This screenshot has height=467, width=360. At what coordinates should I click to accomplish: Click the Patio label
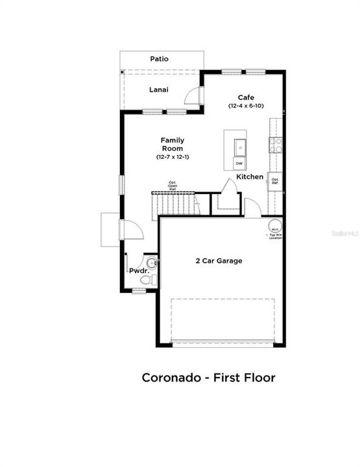pyautogui.click(x=160, y=59)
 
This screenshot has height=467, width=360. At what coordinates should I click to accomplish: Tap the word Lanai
pyautogui.click(x=159, y=90)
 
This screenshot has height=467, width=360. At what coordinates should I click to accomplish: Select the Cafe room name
pyautogui.click(x=245, y=97)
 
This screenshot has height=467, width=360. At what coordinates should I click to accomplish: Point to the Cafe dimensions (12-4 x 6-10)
pyautogui.click(x=245, y=106)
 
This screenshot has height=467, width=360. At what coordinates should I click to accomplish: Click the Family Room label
pyautogui.click(x=173, y=144)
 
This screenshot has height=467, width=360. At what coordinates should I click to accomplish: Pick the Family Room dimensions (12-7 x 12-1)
pyautogui.click(x=173, y=157)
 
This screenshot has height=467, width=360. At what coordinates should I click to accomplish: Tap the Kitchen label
pyautogui.click(x=250, y=176)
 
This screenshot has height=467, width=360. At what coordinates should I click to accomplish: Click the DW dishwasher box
pyautogui.click(x=239, y=163)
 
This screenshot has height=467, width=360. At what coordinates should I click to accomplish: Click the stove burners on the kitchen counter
pyautogui.click(x=276, y=144)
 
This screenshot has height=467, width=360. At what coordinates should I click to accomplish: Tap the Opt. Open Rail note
pyautogui.click(x=173, y=186)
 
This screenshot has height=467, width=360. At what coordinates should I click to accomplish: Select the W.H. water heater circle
pyautogui.click(x=275, y=229)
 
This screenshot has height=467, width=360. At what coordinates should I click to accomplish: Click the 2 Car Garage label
pyautogui.click(x=219, y=261)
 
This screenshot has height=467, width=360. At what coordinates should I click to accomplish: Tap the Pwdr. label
pyautogui.click(x=137, y=271)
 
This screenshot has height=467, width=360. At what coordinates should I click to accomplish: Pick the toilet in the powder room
pyautogui.click(x=147, y=280)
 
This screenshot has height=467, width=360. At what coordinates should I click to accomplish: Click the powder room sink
pyautogui.click(x=152, y=263)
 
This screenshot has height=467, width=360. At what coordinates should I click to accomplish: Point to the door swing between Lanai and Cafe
pyautogui.click(x=193, y=95)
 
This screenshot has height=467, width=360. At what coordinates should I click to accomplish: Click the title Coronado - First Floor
pyautogui.click(x=208, y=377)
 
